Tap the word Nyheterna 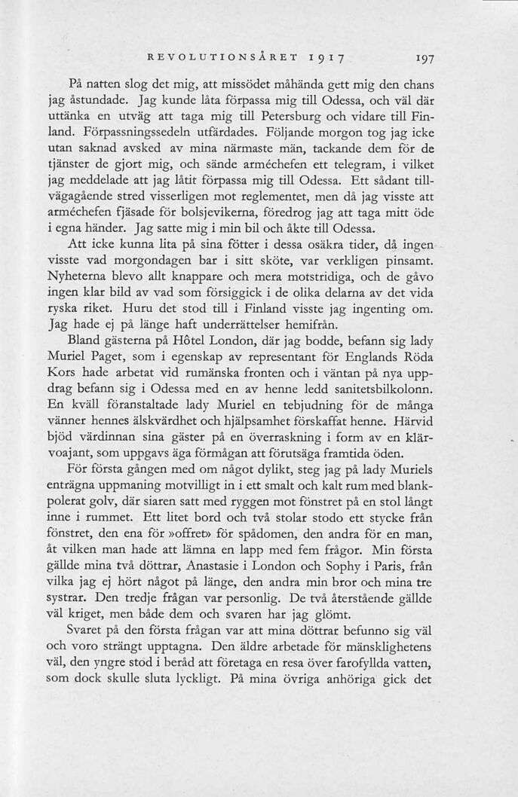[x=78, y=277]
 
